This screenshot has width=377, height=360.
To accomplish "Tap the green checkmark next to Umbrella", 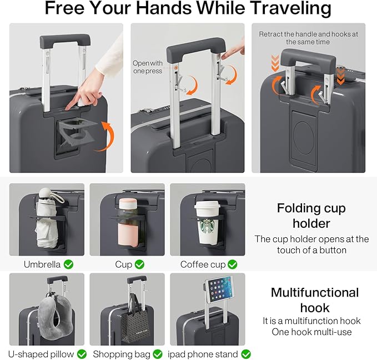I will point(68,264).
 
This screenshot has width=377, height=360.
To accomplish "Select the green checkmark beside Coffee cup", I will point(232,264).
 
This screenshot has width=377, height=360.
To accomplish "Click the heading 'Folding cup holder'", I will point(311,216).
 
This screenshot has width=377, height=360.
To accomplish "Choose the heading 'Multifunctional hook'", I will point(315,300).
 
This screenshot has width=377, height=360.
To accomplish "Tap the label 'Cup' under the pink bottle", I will point(123,264).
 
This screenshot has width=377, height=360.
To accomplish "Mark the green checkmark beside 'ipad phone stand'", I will point(246,354).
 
